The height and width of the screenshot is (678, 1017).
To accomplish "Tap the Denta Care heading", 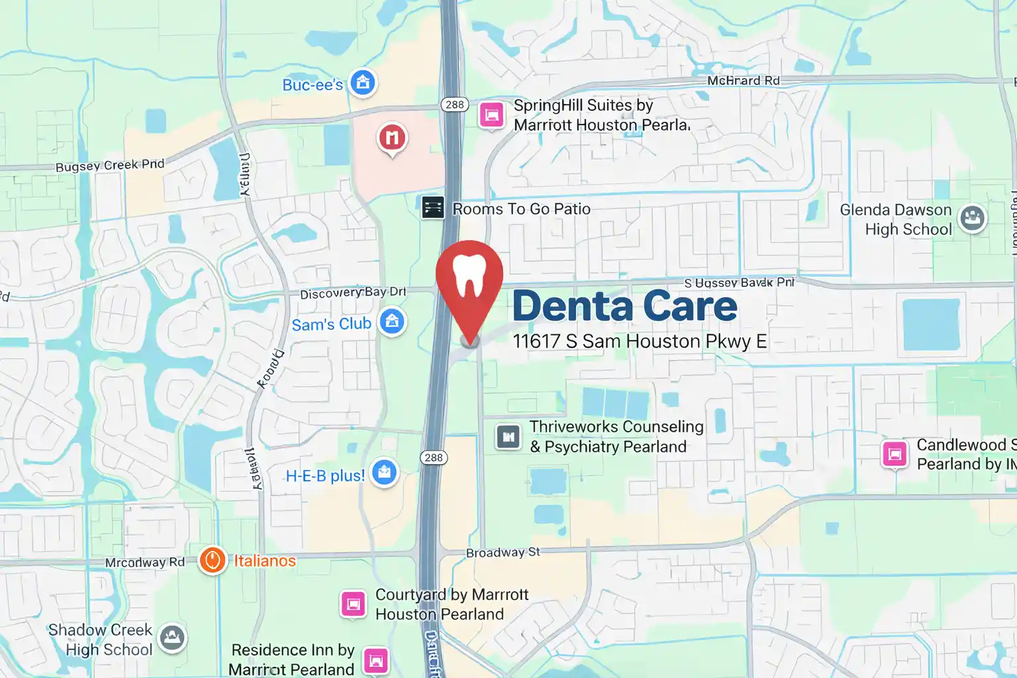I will (624, 306).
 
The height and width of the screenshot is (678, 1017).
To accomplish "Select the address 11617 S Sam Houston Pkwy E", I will (640, 342).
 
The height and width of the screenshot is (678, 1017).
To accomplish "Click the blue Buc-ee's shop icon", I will (362, 83).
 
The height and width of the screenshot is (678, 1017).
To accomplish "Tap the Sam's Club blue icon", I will (392, 322).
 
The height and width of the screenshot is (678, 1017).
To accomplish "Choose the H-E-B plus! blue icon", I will (384, 473).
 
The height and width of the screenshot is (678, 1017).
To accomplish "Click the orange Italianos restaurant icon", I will (213, 560).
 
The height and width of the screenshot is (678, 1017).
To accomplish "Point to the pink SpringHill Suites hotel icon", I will (491, 115).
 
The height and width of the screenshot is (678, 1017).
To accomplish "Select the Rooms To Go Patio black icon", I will (433, 207).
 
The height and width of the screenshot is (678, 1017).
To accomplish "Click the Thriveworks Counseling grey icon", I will (508, 437).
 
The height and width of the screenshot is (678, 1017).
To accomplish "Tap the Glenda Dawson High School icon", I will (972, 218).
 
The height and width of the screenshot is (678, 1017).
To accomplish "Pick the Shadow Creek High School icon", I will (172, 638).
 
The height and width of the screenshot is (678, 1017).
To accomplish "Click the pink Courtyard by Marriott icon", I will (354, 604).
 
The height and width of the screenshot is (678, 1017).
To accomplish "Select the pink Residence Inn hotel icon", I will (376, 660).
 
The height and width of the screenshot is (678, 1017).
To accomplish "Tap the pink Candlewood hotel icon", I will (895, 454).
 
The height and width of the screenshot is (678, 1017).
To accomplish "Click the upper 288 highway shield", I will (454, 105).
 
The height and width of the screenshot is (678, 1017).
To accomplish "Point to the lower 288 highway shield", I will (434, 458).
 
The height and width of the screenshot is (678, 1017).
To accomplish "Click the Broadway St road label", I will (503, 552).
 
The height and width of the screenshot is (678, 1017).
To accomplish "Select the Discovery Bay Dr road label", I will (353, 292).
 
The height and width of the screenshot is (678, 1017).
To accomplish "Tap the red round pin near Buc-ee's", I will (392, 138).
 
